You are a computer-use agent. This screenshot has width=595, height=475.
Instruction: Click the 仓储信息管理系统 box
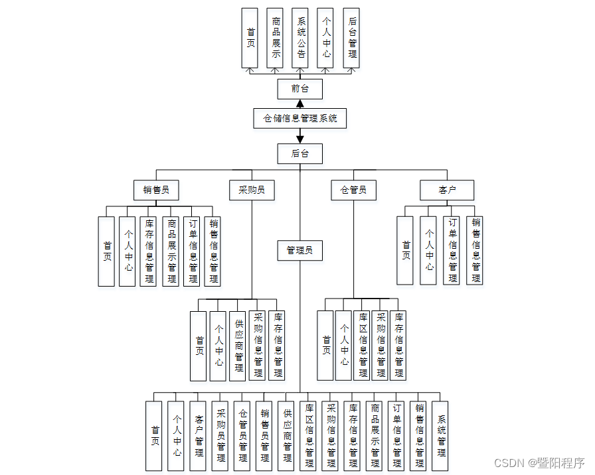click(x=300, y=118)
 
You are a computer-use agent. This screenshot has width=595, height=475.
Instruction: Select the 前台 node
click(x=300, y=89)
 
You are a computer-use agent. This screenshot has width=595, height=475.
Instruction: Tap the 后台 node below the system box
click(x=300, y=153)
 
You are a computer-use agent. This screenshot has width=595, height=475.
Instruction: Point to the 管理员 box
click(x=300, y=250)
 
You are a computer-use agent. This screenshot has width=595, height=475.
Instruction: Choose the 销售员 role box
click(x=156, y=190)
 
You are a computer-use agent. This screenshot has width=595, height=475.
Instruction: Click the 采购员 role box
click(x=252, y=190)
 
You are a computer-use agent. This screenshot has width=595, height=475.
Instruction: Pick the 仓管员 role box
click(x=353, y=190)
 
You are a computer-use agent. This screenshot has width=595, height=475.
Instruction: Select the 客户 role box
click(x=447, y=190)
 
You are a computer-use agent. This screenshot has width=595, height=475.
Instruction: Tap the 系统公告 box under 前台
click(x=301, y=38)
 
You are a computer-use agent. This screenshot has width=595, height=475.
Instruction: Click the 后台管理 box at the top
click(x=351, y=38)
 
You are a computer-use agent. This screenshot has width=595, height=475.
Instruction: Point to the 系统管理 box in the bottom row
click(x=440, y=435)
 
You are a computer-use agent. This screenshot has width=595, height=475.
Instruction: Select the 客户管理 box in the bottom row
click(x=198, y=435)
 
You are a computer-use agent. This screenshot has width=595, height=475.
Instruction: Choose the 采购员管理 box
click(x=220, y=435)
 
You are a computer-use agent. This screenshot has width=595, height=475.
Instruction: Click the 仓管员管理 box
click(x=242, y=435)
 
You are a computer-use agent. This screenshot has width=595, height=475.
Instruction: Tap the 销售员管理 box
click(x=264, y=435)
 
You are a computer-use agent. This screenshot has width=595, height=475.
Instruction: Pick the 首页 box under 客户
click(x=406, y=250)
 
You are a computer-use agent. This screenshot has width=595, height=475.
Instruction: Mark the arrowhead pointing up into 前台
click(x=300, y=103)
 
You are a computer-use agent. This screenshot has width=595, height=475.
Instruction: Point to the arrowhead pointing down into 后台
click(x=300, y=139)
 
